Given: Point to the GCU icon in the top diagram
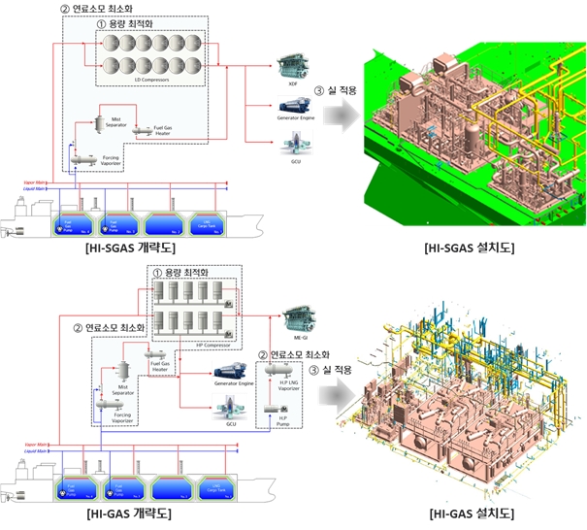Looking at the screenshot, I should tap(293, 144).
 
